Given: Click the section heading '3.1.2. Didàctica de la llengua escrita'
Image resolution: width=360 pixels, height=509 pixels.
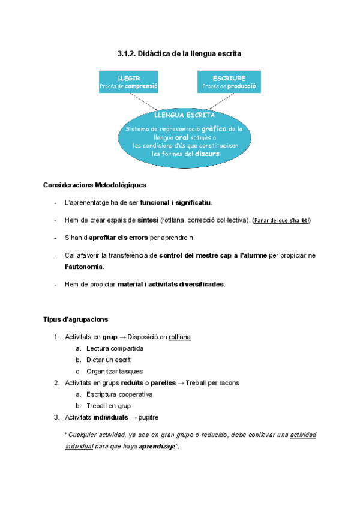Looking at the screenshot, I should [x=179, y=54].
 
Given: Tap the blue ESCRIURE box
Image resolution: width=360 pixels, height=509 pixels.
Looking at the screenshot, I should [x=229, y=82].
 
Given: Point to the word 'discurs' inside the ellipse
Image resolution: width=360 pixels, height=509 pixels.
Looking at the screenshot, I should [x=207, y=154].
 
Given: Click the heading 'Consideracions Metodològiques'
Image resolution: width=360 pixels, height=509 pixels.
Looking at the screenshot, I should [x=95, y=185].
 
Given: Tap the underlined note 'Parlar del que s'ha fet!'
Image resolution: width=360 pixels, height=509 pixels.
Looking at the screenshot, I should [x=282, y=220].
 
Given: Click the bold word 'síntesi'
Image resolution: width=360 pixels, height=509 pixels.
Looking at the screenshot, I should [x=148, y=220].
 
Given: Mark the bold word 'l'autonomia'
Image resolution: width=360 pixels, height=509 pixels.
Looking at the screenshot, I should [x=84, y=266].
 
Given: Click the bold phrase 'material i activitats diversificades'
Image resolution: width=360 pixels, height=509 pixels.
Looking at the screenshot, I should [x=171, y=284].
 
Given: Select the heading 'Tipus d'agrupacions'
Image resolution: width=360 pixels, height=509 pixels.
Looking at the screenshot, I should [x=76, y=319].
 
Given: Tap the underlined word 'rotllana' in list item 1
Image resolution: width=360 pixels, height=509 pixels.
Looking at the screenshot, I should [x=180, y=337].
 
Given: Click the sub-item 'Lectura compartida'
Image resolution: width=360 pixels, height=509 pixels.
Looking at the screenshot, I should [x=115, y=348].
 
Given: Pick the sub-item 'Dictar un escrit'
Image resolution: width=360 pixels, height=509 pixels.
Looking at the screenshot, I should [x=109, y=360].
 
